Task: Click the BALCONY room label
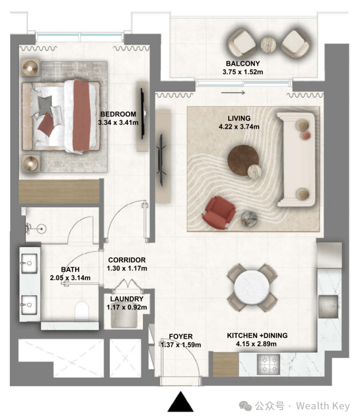[x=243, y=63]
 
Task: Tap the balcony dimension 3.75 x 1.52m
[x=243, y=72]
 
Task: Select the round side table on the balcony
[x=268, y=44]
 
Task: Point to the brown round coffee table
[x=243, y=160]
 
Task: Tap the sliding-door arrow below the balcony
[x=233, y=93]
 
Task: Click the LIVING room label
[x=239, y=118]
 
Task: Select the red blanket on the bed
[x=81, y=115]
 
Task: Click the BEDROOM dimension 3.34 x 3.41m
[x=118, y=123]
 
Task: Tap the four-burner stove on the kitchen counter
[x=268, y=364]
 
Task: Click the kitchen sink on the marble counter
[x=328, y=306]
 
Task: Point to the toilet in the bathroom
[x=82, y=311]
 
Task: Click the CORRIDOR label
[x=127, y=260]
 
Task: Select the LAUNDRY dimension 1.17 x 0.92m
[x=127, y=307]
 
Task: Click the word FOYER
[x=181, y=336]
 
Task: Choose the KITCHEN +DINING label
[x=257, y=335]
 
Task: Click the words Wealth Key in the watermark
[x=322, y=406]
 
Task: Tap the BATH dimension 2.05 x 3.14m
[x=70, y=278]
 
